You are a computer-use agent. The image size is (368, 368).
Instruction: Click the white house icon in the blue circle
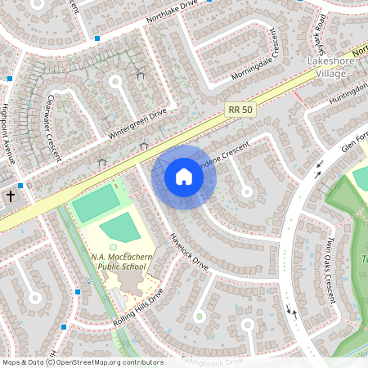pos(183,177)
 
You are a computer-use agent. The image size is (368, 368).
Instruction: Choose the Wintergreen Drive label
pos(134,120)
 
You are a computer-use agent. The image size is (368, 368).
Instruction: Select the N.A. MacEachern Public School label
pos(119,260)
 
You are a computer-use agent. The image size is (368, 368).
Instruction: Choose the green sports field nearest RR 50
pos(96,204)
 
